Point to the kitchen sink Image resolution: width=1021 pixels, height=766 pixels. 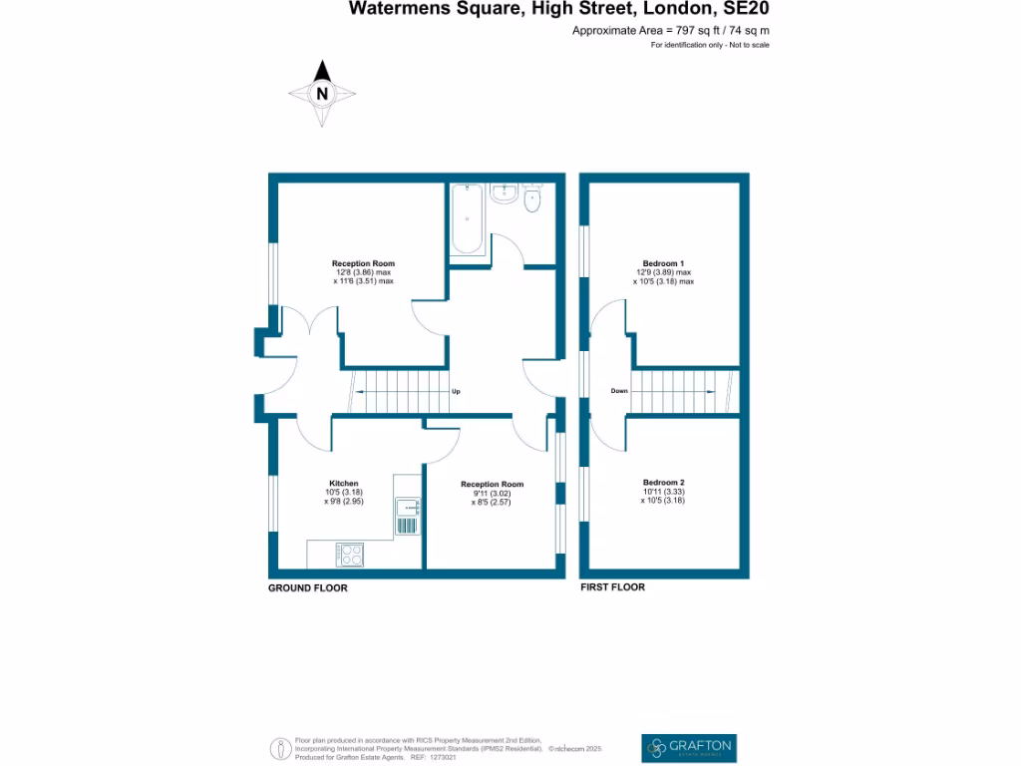[x=409, y=514]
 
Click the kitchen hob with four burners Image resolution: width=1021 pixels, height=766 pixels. [x=350, y=554]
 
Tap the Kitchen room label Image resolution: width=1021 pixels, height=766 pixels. [x=344, y=483]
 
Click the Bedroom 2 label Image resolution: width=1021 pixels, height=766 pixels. [x=663, y=482]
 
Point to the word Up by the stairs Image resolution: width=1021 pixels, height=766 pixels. [x=456, y=391]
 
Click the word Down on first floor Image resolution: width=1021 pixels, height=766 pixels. [x=619, y=391]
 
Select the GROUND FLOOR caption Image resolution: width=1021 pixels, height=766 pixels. [x=308, y=588]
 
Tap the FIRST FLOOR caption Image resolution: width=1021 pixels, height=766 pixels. [x=613, y=587]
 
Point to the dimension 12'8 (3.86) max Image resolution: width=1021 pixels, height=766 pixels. [x=364, y=272]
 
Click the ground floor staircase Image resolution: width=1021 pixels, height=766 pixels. [x=399, y=390]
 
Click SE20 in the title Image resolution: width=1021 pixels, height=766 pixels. [x=746, y=9]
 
